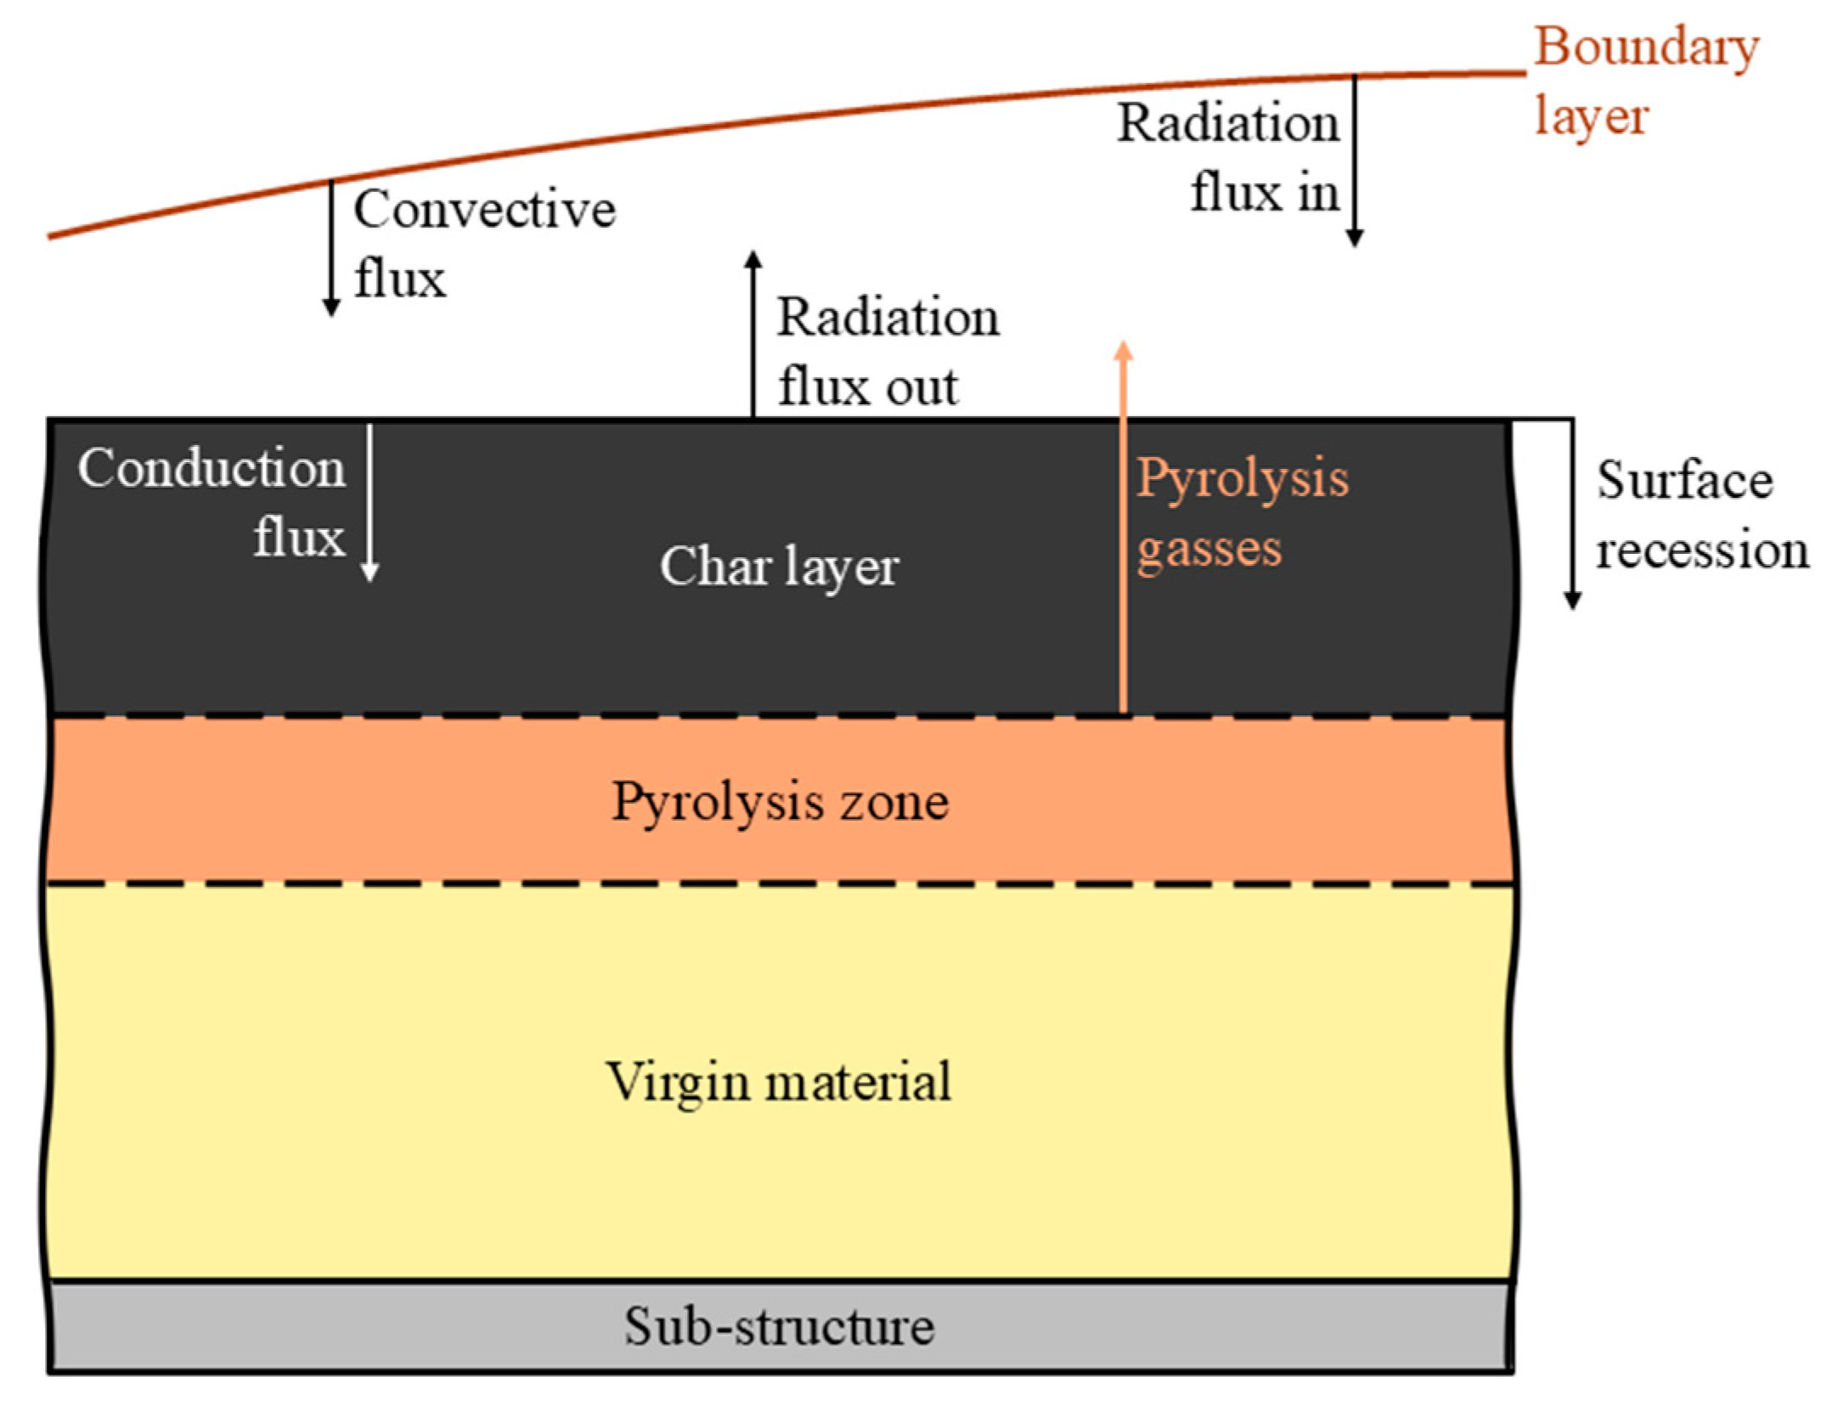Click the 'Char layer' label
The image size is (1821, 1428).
(779, 567)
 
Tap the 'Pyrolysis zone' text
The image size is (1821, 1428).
(779, 801)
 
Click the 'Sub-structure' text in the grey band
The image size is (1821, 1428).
(779, 1327)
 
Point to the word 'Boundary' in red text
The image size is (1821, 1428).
(1646, 47)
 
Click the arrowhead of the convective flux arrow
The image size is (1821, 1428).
(332, 307)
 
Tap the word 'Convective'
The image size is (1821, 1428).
(484, 210)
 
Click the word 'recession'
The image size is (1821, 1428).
(1702, 550)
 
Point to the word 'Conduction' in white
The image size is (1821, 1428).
(211, 468)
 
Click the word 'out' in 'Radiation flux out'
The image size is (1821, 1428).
(922, 388)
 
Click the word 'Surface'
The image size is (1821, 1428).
(1685, 480)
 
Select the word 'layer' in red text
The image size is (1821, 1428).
(1591, 116)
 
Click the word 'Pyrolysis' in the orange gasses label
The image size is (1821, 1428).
(1242, 478)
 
